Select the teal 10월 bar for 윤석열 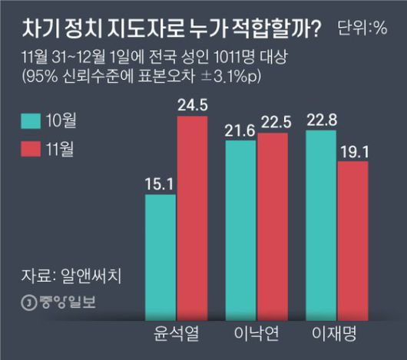tap(160, 256)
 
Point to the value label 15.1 tap(160, 183)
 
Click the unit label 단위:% tap(364, 29)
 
